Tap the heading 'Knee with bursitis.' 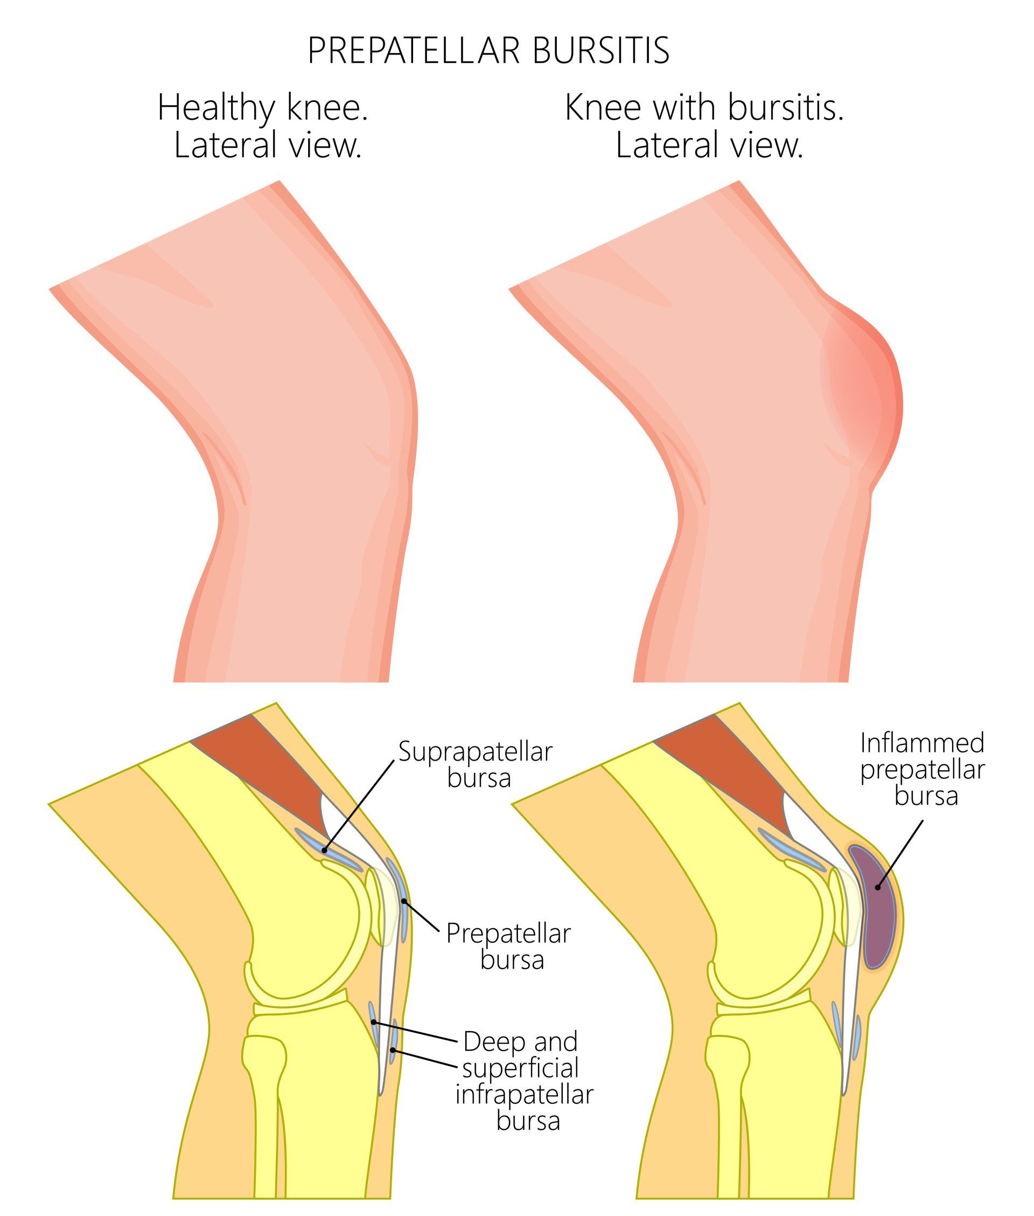pos(704,108)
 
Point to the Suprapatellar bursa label pos(476,764)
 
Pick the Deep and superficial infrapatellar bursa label pos(525,1078)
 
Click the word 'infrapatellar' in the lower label pos(525,1096)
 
